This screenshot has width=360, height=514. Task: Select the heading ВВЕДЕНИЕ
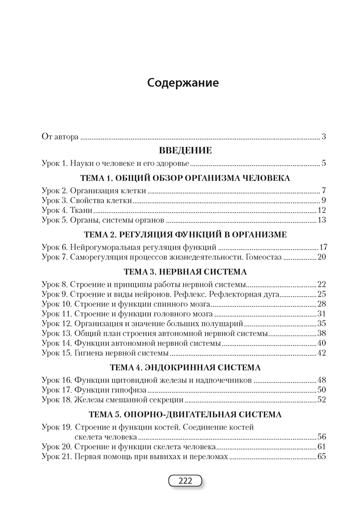185,151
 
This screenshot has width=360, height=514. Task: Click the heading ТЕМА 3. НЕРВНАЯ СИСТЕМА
185,271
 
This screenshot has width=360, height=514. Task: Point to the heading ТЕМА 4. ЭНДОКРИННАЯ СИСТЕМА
185,368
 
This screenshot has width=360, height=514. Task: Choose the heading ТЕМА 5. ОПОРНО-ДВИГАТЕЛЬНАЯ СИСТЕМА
185,414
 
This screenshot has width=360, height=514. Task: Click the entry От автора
60,137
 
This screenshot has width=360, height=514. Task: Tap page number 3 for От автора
324,137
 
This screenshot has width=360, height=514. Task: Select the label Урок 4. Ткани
66,210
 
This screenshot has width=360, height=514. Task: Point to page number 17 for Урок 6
323,247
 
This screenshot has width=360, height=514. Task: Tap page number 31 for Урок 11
322,314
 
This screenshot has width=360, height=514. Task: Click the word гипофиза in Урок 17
125,390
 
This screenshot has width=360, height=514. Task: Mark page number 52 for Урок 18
322,399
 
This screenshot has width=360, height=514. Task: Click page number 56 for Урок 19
322,436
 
